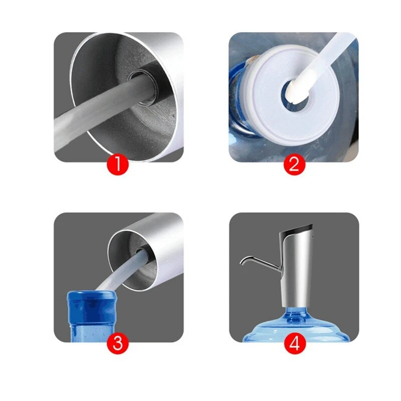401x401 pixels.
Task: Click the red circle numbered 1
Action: coord(117,164)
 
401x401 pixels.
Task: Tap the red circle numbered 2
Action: coord(294,164)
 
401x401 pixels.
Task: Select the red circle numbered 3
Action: coord(117,343)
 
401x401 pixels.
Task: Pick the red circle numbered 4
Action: coord(294,343)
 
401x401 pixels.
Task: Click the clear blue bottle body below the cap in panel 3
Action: coord(92,332)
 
